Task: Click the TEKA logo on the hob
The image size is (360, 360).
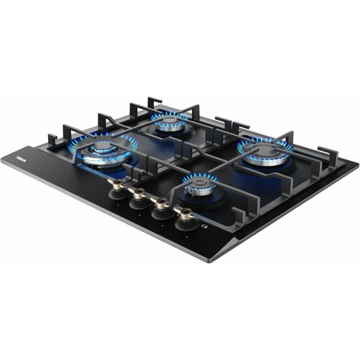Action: (x=21, y=159)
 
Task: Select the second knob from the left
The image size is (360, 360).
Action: (x=139, y=199)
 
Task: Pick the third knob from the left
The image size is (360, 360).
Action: (x=162, y=208)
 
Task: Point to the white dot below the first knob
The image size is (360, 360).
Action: (x=117, y=206)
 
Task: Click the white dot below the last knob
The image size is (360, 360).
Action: (x=187, y=237)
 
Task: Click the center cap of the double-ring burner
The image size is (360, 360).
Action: (x=103, y=146)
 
